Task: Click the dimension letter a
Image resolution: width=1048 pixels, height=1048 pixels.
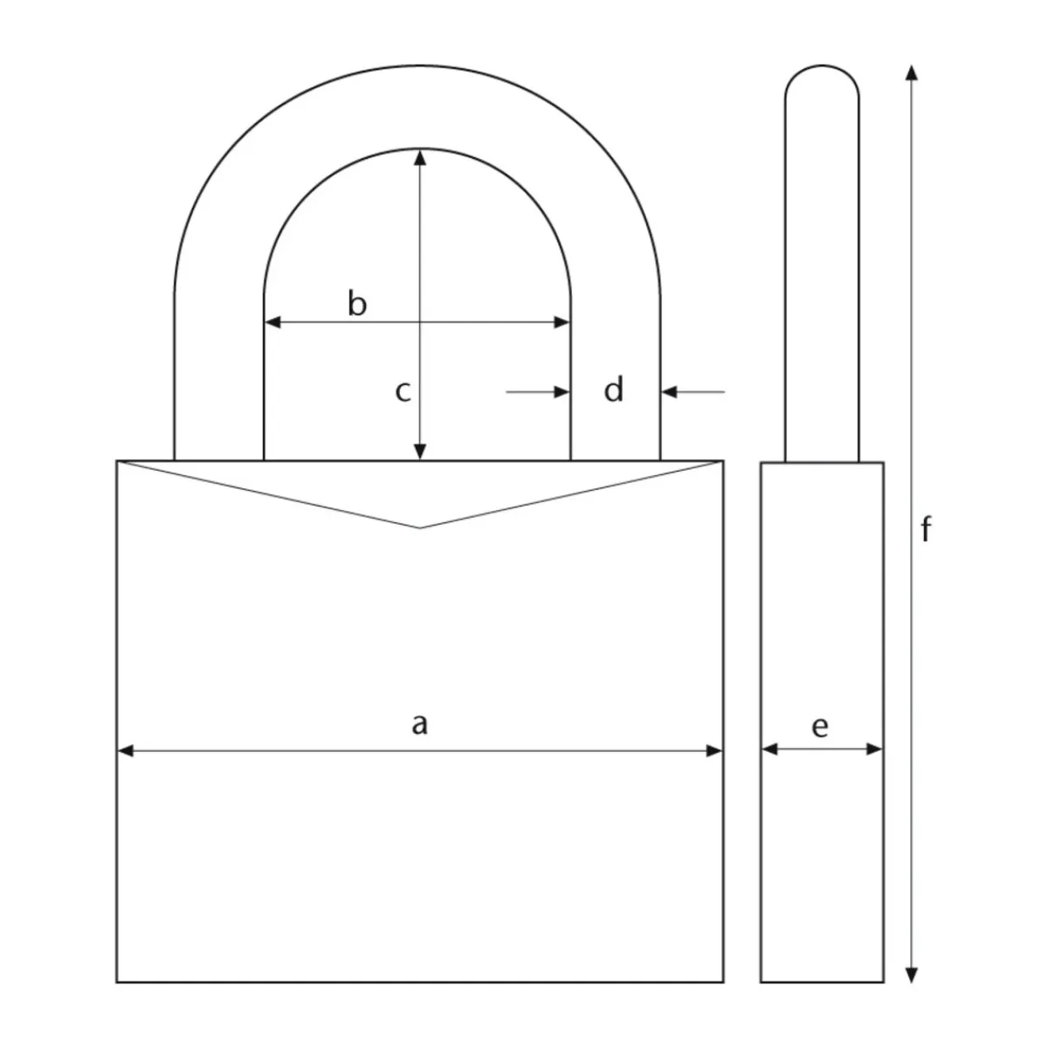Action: click(420, 723)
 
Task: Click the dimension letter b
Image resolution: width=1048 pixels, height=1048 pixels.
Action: click(357, 305)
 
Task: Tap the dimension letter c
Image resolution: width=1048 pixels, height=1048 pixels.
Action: click(402, 391)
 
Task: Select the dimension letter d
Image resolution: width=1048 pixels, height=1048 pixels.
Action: click(614, 390)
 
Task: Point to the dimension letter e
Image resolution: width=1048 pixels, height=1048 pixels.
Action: click(819, 726)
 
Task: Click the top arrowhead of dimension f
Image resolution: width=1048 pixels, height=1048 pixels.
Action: click(912, 72)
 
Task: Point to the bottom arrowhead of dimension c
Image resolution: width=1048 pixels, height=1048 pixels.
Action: click(421, 452)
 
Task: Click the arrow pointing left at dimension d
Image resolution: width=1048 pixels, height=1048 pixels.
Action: click(670, 392)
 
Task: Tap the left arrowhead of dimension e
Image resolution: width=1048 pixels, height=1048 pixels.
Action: click(769, 748)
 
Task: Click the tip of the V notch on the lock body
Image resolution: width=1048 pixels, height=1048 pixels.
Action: click(420, 527)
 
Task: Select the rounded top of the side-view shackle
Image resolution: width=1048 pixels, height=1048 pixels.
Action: click(821, 68)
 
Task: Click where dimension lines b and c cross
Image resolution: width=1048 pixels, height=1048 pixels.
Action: click(421, 322)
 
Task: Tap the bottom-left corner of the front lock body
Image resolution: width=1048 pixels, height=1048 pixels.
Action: click(117, 982)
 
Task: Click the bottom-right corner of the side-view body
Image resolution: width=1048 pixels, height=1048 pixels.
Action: click(883, 982)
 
